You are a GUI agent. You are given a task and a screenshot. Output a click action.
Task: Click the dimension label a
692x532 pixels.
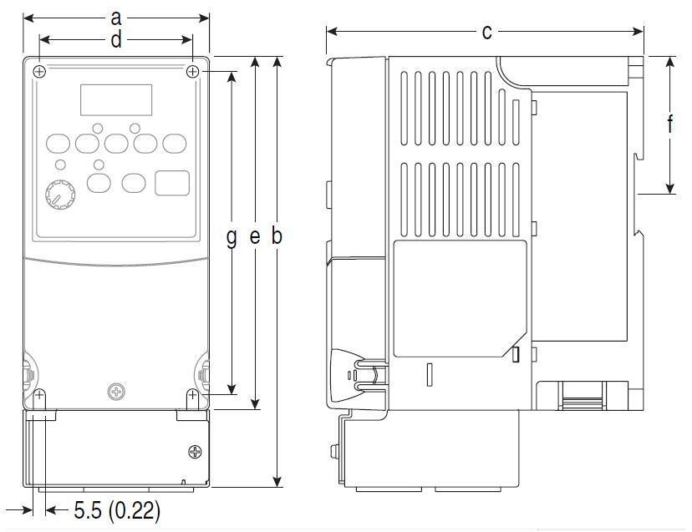click(x=115, y=18)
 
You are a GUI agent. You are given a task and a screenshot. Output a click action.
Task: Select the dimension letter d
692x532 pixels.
click(x=115, y=40)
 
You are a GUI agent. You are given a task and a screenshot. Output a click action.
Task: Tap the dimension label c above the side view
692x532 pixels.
click(x=486, y=33)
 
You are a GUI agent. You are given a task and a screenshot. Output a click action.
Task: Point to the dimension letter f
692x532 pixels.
click(x=670, y=124)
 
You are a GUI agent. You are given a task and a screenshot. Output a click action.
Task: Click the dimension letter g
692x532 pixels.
click(x=232, y=237)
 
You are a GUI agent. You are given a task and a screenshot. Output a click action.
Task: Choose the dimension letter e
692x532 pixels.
click(x=255, y=237)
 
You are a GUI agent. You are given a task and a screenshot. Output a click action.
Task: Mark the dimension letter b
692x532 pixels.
click(x=277, y=236)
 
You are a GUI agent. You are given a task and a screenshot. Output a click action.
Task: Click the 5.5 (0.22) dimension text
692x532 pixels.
click(x=117, y=510)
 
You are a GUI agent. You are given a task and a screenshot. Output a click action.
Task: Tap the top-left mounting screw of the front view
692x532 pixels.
click(x=39, y=71)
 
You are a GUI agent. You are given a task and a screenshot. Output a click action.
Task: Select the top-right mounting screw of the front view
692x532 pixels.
click(x=192, y=71)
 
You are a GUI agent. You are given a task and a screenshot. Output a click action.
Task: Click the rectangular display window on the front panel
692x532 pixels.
click(x=116, y=100)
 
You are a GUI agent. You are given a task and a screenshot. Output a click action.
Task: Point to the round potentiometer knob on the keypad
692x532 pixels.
click(x=60, y=195)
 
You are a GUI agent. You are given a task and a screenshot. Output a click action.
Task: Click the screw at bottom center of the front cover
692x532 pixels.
click(x=116, y=392)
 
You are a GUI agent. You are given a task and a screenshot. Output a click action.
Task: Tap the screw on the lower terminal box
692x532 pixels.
click(x=195, y=452)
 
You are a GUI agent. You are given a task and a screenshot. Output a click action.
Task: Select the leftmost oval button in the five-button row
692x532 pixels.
click(x=58, y=144)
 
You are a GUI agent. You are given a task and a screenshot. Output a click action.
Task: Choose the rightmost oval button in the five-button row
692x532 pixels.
click(x=175, y=144)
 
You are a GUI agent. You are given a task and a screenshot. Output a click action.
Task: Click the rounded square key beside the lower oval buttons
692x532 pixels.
click(x=172, y=183)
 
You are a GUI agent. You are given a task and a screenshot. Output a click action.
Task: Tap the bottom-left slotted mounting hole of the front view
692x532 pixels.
click(x=39, y=398)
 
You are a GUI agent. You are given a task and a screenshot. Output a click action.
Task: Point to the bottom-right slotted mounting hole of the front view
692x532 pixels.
click(x=192, y=398)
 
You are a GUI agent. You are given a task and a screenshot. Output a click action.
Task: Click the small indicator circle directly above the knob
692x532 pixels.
click(x=60, y=165)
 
